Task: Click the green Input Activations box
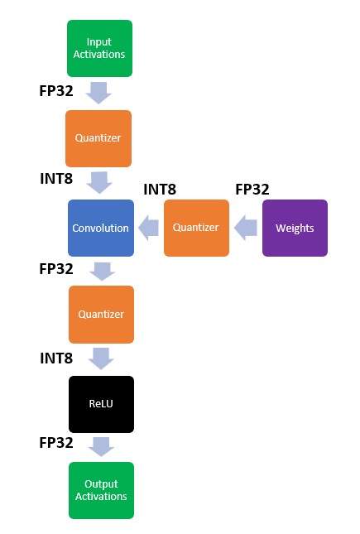pos(99,48)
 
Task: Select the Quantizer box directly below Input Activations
pos(99,138)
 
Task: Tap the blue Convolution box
pos(99,228)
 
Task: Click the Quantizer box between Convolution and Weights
pos(196,228)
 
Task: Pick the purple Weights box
pos(295,228)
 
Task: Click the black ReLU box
pos(100,403)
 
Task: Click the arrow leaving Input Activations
pos(99,92)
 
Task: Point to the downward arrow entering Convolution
pos(100,182)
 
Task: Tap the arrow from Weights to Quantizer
pos(246,228)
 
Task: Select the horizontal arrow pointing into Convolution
pos(148,228)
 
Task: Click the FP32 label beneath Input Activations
pos(56,90)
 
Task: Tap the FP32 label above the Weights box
pos(252,189)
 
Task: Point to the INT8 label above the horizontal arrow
pos(160,189)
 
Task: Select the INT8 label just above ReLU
pos(56,358)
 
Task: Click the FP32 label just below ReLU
pos(56,443)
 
